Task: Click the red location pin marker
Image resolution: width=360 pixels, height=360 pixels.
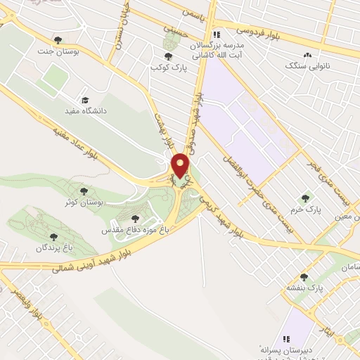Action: pyautogui.click(x=181, y=166)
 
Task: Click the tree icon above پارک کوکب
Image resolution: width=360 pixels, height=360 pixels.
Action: pyautogui.click(x=168, y=55)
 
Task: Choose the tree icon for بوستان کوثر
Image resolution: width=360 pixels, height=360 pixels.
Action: pyautogui.click(x=84, y=190)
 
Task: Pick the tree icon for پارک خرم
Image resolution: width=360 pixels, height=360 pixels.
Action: pyautogui.click(x=304, y=198)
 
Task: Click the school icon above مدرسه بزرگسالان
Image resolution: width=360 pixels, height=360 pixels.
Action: pyautogui.click(x=217, y=34)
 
